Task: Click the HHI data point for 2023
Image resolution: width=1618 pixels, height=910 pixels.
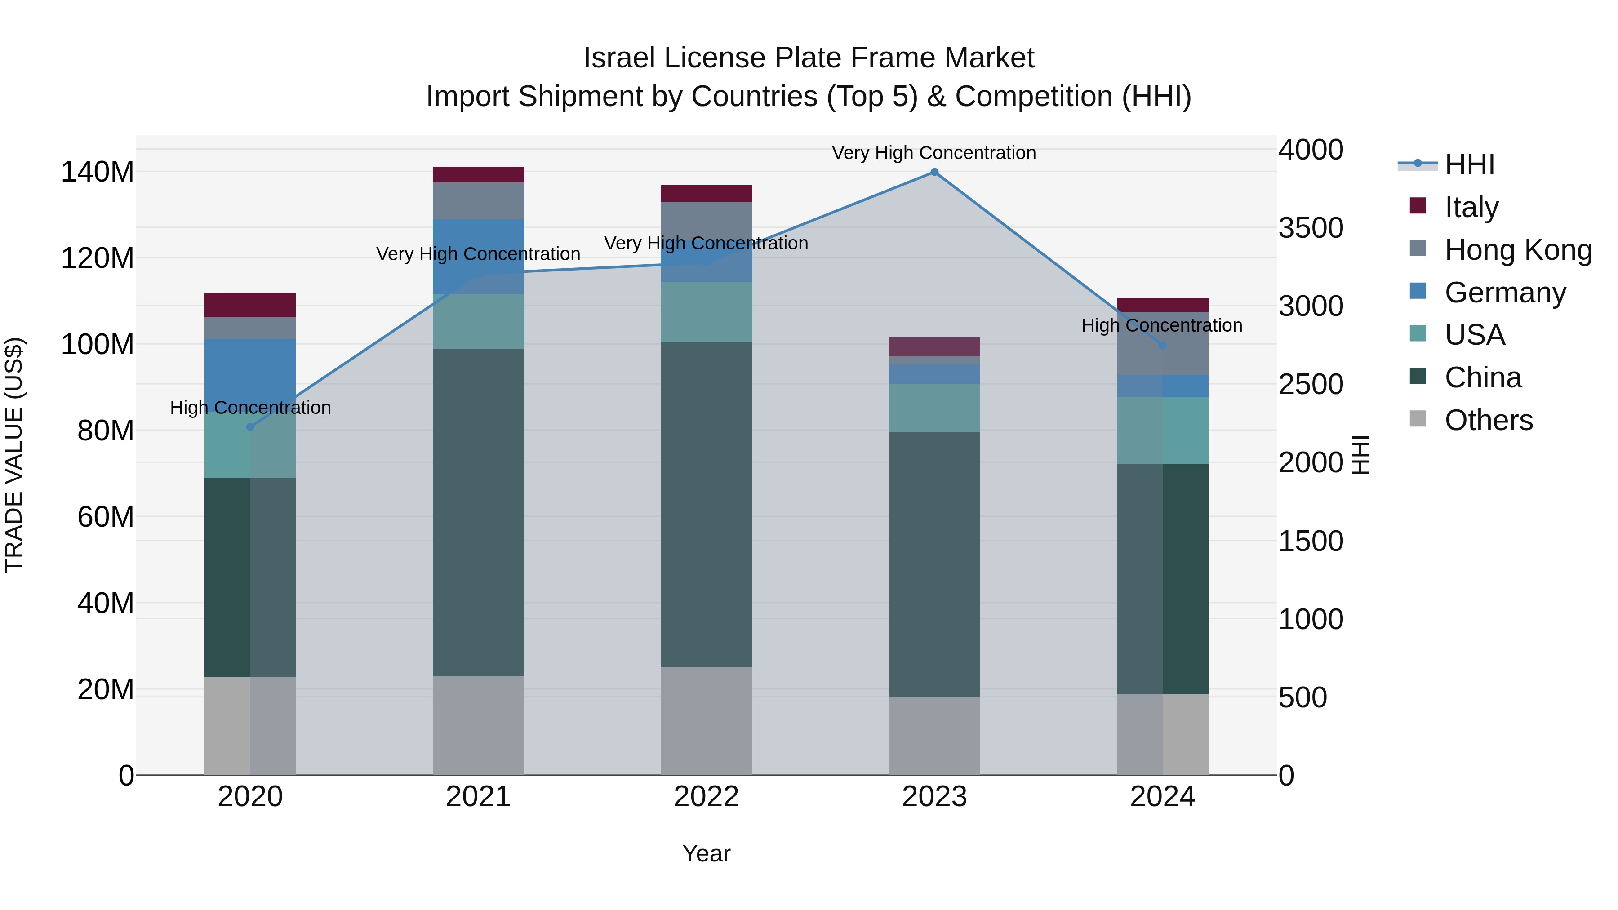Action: pos(934,172)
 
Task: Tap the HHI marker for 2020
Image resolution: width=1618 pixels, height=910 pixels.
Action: pos(250,427)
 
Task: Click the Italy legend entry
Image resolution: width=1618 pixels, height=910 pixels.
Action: pos(1471,207)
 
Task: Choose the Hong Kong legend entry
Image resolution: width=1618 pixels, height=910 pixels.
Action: pos(1517,249)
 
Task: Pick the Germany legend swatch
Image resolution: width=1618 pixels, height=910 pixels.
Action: pos(1418,291)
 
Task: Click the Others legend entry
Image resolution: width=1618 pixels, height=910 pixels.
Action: pos(1488,420)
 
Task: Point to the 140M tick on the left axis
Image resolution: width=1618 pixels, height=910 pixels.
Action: pos(98,172)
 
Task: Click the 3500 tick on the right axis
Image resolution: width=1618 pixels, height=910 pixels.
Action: pos(1311,228)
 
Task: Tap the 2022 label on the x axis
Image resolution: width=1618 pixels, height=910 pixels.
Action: pos(706,797)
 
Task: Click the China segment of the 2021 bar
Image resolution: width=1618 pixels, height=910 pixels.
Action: pos(478,512)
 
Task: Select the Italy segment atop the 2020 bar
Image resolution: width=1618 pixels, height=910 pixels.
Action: pos(250,305)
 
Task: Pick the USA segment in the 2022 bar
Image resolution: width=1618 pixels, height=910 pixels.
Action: pos(706,311)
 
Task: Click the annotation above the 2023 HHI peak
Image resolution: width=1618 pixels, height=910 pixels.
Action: pos(933,153)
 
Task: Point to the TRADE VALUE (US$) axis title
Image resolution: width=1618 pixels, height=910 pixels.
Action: pos(14,455)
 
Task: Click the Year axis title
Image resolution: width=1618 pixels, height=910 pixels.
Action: pos(706,853)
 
